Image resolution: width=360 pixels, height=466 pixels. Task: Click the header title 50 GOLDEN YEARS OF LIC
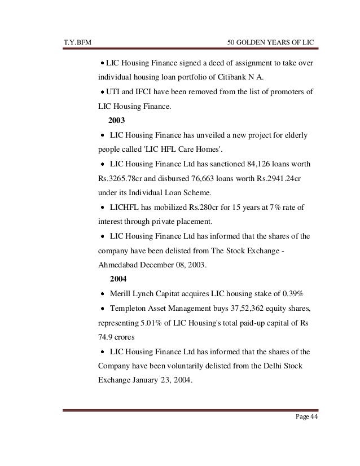(270, 42)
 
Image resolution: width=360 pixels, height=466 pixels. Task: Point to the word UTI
(115, 92)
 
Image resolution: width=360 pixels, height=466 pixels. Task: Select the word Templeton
(131, 310)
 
